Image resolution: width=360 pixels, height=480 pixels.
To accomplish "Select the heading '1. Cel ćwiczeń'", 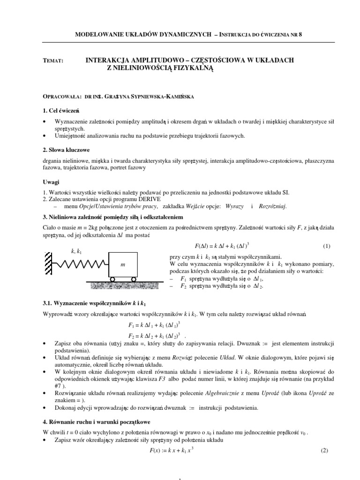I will (x=60, y=110).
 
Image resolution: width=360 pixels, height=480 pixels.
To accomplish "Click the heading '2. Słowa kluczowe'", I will (x=66, y=151).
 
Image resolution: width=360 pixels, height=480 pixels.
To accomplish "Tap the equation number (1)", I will (x=327, y=246).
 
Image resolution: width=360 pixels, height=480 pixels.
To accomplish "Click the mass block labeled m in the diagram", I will (x=123, y=265).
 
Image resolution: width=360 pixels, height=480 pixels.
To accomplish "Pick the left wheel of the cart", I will (x=113, y=280).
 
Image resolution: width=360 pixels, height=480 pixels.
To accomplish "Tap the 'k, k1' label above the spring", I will (x=76, y=252).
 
